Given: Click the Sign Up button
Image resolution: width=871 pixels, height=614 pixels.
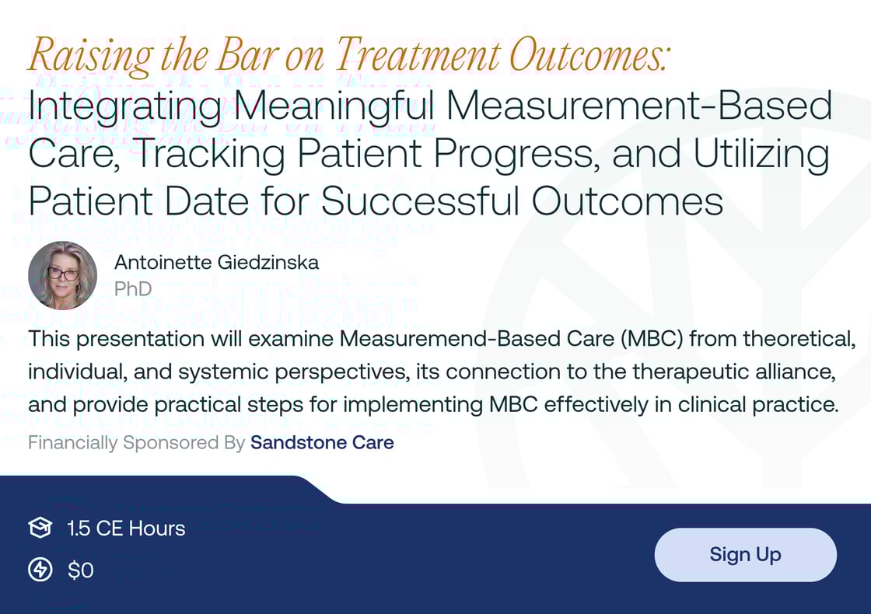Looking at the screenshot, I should point(745,555).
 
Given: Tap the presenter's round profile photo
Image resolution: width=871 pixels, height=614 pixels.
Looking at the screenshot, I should point(62,275).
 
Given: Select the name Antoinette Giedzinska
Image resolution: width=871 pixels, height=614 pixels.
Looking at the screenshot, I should point(216,263).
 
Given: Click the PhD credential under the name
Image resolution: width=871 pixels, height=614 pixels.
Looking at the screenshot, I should point(132,289).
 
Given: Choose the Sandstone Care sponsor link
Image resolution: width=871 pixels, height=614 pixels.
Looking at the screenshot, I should point(322,443).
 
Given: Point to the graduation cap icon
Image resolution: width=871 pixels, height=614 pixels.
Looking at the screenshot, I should point(40,529).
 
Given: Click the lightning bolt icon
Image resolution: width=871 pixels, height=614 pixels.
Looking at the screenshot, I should point(40,570).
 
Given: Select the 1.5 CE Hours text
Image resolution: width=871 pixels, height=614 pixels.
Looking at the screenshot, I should point(126,529).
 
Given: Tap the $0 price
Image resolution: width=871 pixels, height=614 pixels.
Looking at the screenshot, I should point(81,570).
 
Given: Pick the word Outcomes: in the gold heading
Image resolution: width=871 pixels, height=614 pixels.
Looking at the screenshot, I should point(589,56).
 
